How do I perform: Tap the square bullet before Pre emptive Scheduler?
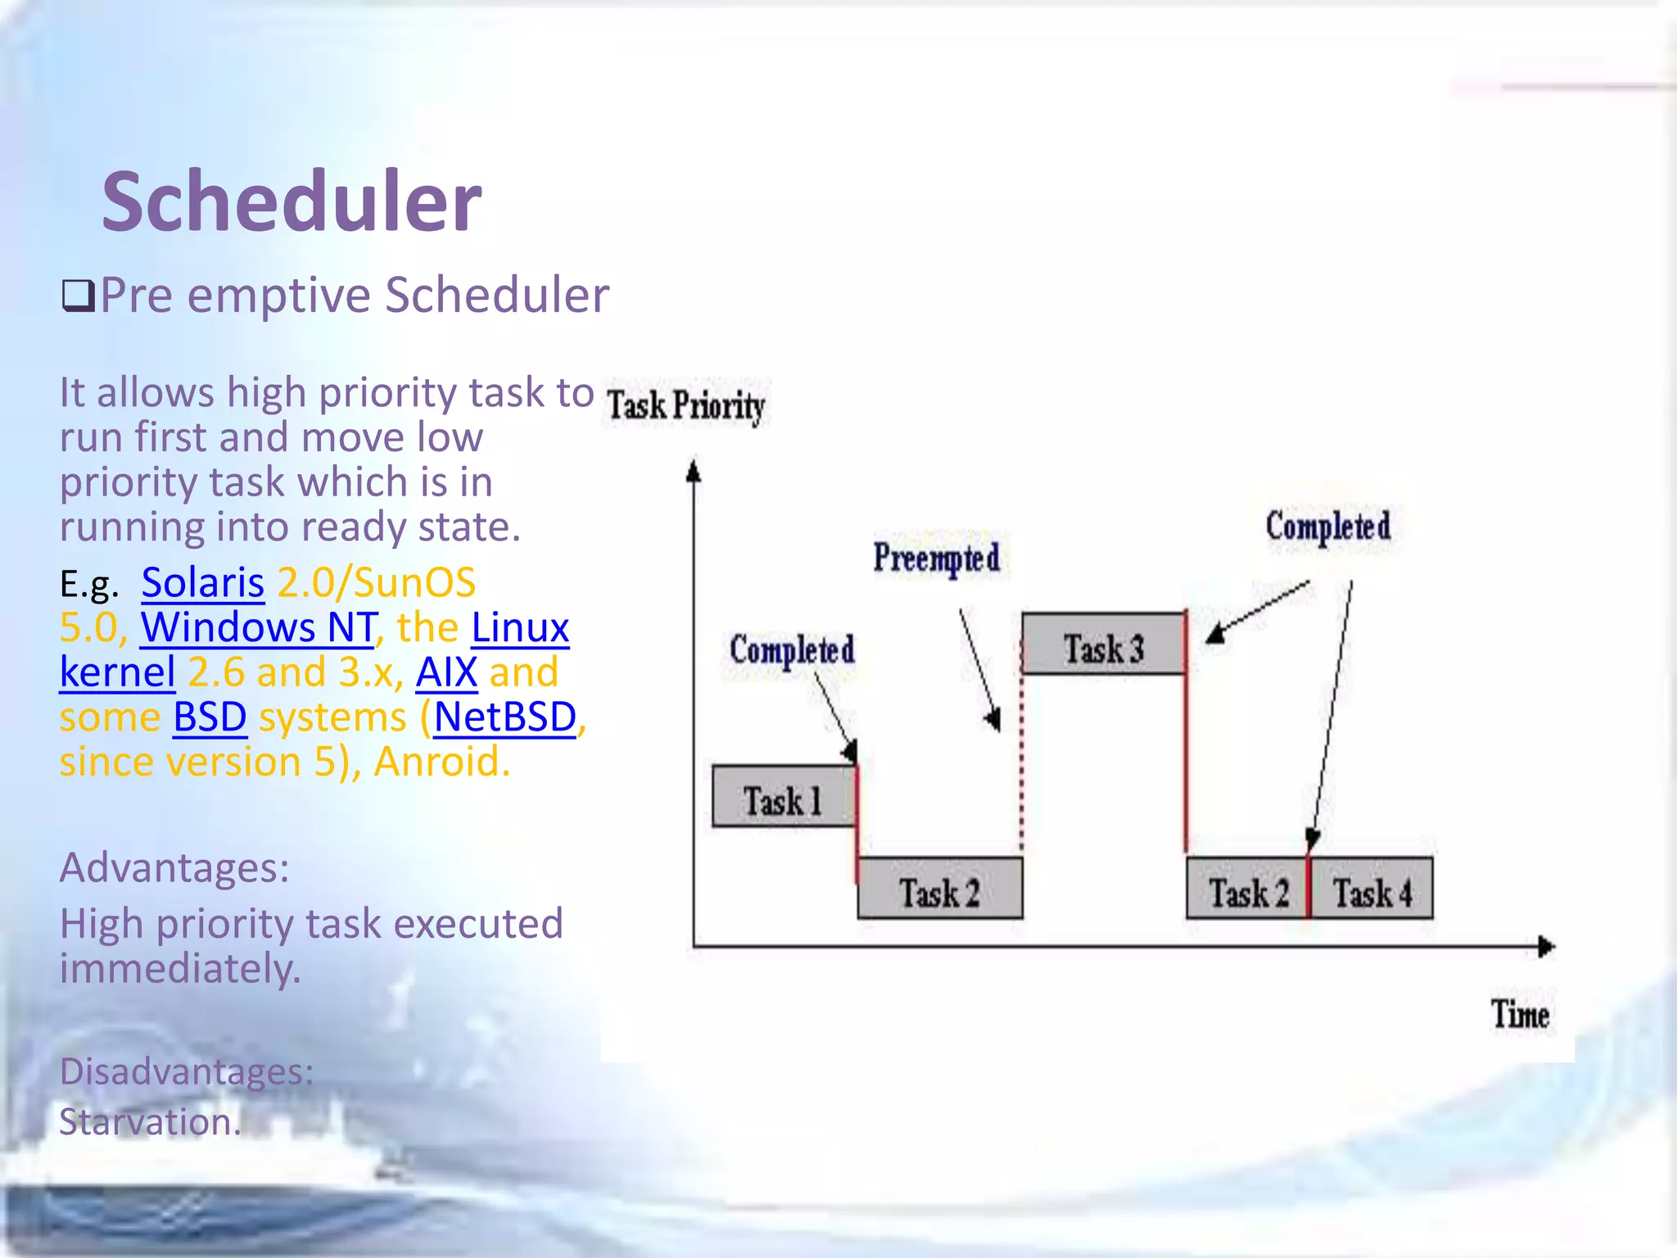pyautogui.click(x=79, y=296)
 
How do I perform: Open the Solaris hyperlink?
pyautogui.click(x=203, y=583)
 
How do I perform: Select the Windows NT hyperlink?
pyautogui.click(x=258, y=628)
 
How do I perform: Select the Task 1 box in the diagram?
pyautogui.click(x=783, y=797)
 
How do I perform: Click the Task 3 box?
pyautogui.click(x=1103, y=645)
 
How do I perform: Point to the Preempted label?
pyautogui.click(x=937, y=559)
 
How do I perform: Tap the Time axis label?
pyautogui.click(x=1520, y=1016)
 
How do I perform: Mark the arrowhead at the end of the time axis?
pyautogui.click(x=1546, y=948)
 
